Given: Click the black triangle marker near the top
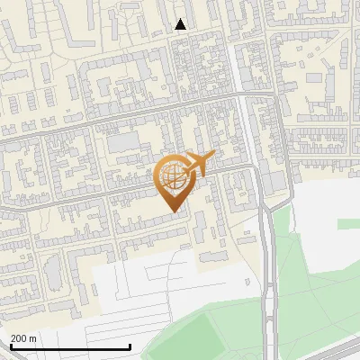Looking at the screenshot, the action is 180,24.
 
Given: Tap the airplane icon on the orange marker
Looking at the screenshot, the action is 197,164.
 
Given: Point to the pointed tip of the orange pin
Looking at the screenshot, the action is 172,211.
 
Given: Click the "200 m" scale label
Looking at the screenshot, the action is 23,338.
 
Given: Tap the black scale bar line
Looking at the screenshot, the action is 70,347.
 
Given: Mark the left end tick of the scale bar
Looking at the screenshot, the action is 10,346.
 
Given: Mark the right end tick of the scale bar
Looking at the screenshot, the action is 130,346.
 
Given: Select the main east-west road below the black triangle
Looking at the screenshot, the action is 135,112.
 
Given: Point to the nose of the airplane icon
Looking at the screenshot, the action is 214,157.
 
